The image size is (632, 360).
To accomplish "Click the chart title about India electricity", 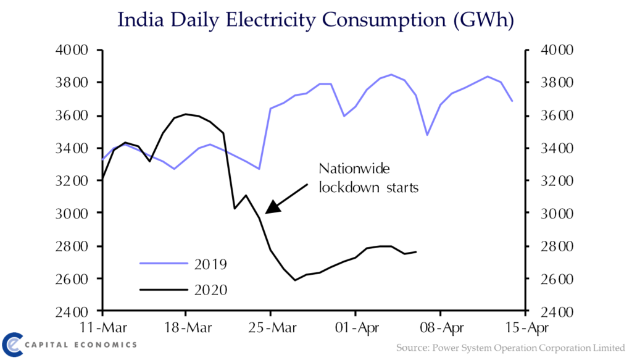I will point(315,20).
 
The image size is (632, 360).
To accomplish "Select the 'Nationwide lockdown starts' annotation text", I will point(368,178).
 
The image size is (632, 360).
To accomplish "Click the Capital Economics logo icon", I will point(14,345).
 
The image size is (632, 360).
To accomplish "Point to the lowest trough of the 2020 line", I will point(295,280).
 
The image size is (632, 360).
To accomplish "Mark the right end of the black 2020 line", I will point(416,251).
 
